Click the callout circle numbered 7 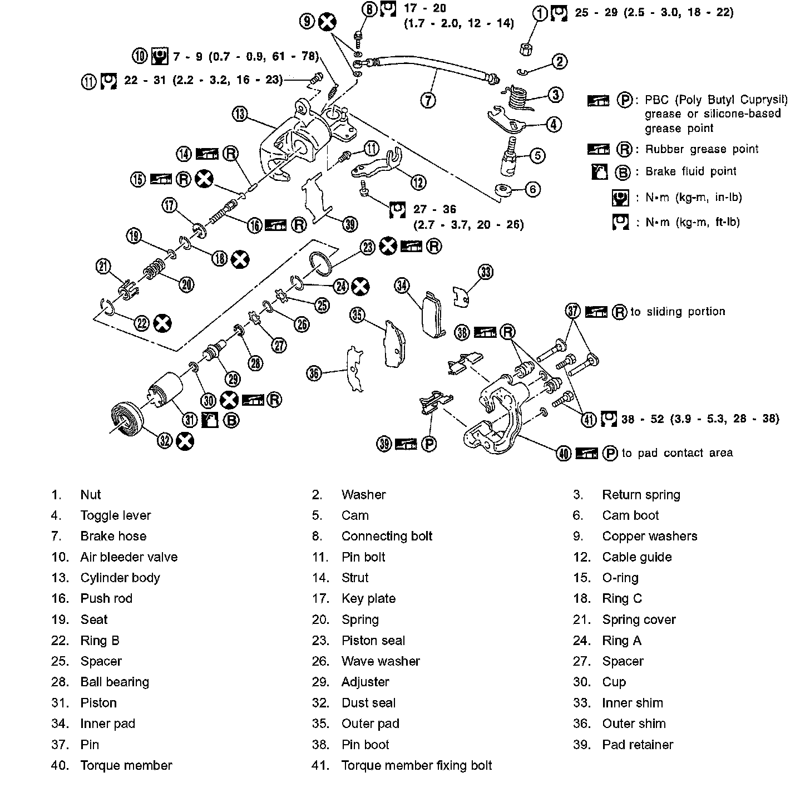click(x=428, y=100)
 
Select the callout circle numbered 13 click(x=240, y=114)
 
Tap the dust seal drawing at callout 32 click(x=127, y=418)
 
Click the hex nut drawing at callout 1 click(x=525, y=48)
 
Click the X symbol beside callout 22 click(x=162, y=323)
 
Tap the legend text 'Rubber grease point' click(x=702, y=149)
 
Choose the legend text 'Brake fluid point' click(x=690, y=171)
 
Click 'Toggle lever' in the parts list click(x=115, y=515)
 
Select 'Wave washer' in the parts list click(x=381, y=661)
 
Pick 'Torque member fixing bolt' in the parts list click(x=417, y=765)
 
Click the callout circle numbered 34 click(x=402, y=286)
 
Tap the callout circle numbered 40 click(x=564, y=454)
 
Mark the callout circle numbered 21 click(x=103, y=267)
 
